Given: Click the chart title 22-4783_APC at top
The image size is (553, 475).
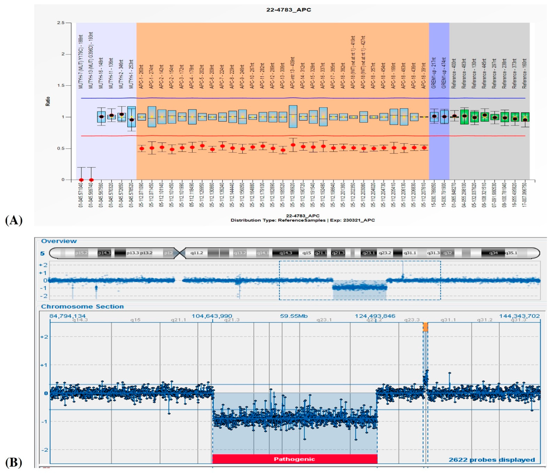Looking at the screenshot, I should [288, 10].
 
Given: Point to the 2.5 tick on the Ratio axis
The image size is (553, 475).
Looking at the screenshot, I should [61, 23].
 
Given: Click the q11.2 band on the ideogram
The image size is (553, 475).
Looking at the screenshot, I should [197, 253].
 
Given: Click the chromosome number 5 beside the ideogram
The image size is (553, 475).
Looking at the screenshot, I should [42, 253].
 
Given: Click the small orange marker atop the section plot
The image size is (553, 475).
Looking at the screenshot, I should [425, 327].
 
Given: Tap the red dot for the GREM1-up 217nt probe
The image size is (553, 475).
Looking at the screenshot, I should [434, 116].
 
